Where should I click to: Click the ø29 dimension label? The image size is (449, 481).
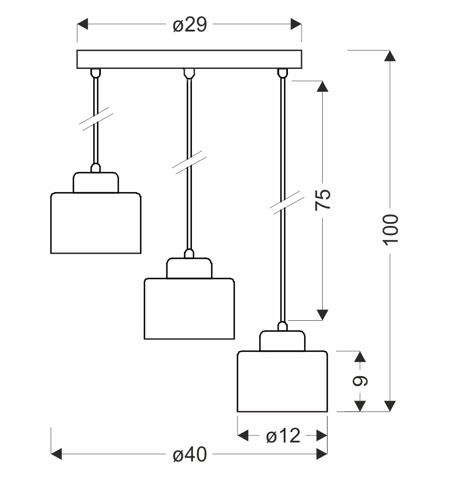pos(190,25)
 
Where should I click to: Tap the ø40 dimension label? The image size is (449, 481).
pos(190,455)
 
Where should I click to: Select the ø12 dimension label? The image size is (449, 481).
pos(283,436)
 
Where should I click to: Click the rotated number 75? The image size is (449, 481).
pos(323,200)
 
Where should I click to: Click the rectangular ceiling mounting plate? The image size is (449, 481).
pos(189,59)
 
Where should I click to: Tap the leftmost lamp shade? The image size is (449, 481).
pos(96,223)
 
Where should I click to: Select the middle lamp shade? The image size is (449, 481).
pos(189,308)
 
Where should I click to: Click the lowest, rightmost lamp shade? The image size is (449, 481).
pos(283,381)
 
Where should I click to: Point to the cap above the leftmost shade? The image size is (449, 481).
pos(96,182)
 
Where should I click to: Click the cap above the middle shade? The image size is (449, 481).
pos(189,268)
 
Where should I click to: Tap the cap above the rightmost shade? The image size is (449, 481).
pos(283,340)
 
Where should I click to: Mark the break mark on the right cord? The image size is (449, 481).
pos(282,202)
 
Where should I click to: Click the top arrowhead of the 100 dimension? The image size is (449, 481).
pos(390,55)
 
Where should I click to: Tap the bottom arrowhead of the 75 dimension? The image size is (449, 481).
pos(323,314)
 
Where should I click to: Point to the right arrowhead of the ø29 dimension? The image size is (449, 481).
pos(296,24)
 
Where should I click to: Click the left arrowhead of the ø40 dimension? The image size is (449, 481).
pos(56,454)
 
